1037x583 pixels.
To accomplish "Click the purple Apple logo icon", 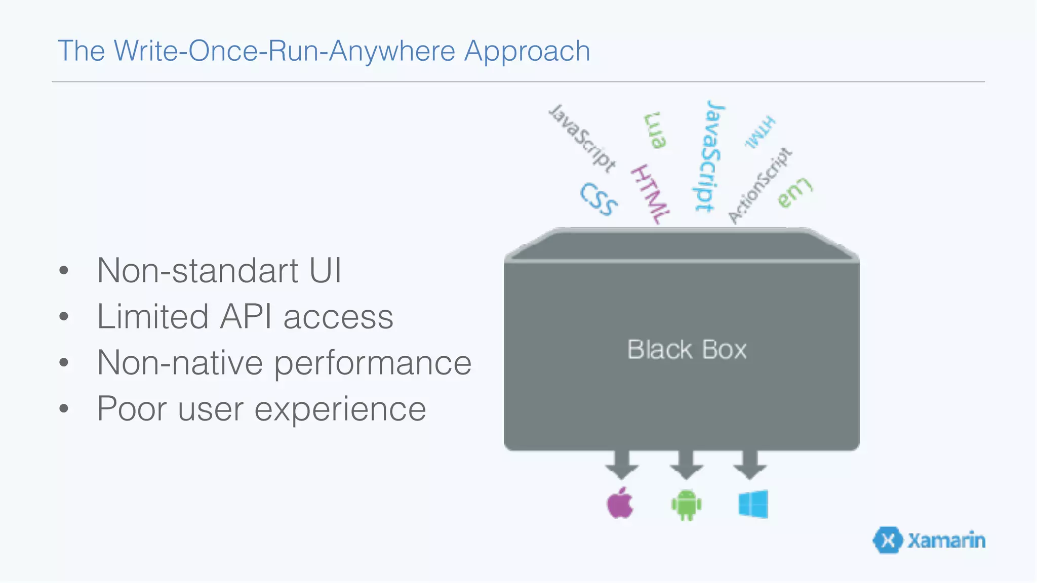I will (x=620, y=504).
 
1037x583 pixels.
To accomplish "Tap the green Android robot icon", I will (x=686, y=505).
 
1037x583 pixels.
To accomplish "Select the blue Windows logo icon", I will (x=753, y=504).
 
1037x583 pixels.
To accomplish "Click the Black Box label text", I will (x=687, y=350).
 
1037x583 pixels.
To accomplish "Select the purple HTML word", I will (x=650, y=194).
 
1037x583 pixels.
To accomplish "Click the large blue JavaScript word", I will (x=708, y=156).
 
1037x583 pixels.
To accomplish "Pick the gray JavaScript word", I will (x=583, y=137).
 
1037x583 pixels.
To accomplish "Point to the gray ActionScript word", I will (x=760, y=185).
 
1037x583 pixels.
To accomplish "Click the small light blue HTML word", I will (x=760, y=132).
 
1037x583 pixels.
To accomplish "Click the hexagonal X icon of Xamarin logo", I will (x=888, y=540).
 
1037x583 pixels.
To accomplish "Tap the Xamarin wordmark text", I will (x=946, y=540).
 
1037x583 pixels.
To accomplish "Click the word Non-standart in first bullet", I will (x=197, y=270).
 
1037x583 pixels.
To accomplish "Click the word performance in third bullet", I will (x=373, y=363).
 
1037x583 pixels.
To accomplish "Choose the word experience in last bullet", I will (x=340, y=409).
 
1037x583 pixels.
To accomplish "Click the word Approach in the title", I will (x=527, y=51).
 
